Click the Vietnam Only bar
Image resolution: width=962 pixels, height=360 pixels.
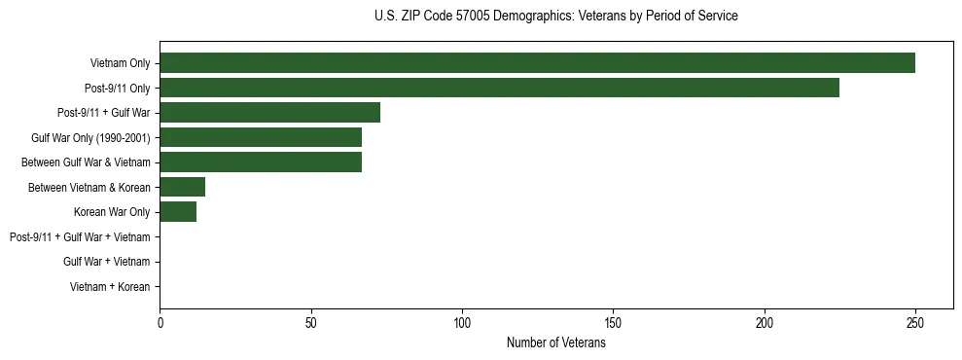pyautogui.click(x=537, y=63)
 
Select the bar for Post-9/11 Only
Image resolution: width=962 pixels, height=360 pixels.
pyautogui.click(x=499, y=88)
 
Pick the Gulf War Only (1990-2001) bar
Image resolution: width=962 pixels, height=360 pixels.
pyautogui.click(x=261, y=137)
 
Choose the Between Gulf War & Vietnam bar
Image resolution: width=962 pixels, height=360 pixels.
pyautogui.click(x=261, y=162)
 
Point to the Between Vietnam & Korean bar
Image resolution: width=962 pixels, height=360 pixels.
pyautogui.click(x=182, y=187)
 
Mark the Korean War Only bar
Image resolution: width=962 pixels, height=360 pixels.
pyautogui.click(x=178, y=211)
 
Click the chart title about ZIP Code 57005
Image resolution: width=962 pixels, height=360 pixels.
pyautogui.click(x=555, y=17)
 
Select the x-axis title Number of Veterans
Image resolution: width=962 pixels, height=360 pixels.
pyautogui.click(x=555, y=343)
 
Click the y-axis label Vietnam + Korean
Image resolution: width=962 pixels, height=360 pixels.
pyautogui.click(x=110, y=286)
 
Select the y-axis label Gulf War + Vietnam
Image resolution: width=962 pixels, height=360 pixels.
pyautogui.click(x=106, y=261)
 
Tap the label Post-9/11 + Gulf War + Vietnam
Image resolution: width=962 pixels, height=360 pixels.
pyautogui.click(x=80, y=236)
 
